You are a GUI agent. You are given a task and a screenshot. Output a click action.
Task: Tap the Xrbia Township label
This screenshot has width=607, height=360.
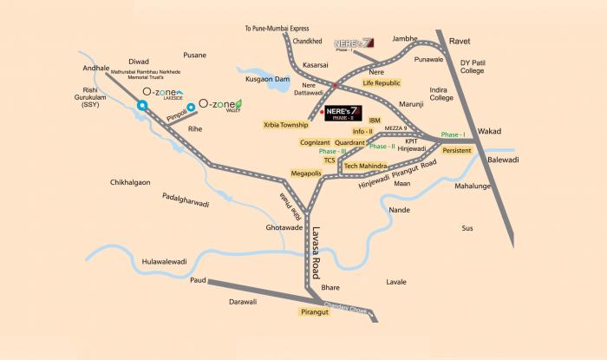(286, 125)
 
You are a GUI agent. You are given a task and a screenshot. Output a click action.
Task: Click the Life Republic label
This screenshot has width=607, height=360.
(379, 82)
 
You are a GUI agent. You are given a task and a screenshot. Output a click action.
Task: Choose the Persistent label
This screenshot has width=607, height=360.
(457, 150)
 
